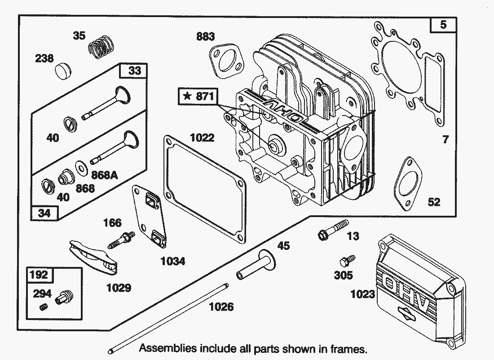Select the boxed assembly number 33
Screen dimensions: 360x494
[134, 71]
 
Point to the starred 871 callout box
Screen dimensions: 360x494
[198, 96]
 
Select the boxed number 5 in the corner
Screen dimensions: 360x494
[443, 25]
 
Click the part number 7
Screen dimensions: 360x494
[445, 140]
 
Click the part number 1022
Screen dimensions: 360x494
[202, 137]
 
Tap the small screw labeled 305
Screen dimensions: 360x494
[347, 261]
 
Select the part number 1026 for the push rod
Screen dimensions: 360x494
[221, 307]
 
